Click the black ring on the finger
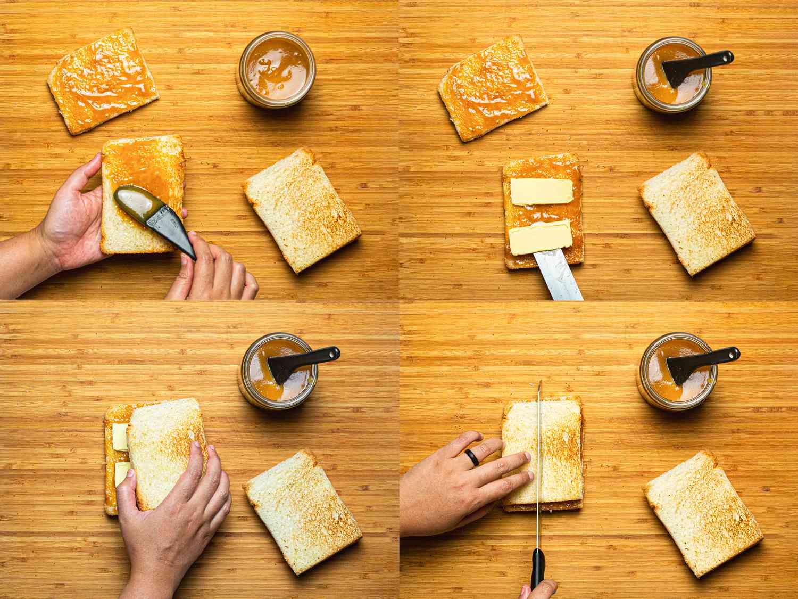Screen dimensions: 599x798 (x=471, y=457)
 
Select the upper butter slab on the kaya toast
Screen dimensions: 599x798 (x=542, y=191)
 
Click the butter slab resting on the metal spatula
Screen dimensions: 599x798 (x=541, y=238)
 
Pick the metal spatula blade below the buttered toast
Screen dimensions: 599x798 (x=559, y=277)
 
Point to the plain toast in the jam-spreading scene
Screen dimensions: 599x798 (x=302, y=210)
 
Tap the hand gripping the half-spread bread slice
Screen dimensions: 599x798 (x=69, y=213)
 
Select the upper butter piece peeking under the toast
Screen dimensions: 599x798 (x=120, y=437)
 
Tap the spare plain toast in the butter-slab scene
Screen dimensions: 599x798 (x=697, y=213)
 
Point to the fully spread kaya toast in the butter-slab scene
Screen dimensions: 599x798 (x=493, y=88)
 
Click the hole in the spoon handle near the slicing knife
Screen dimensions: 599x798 (x=733, y=352)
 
